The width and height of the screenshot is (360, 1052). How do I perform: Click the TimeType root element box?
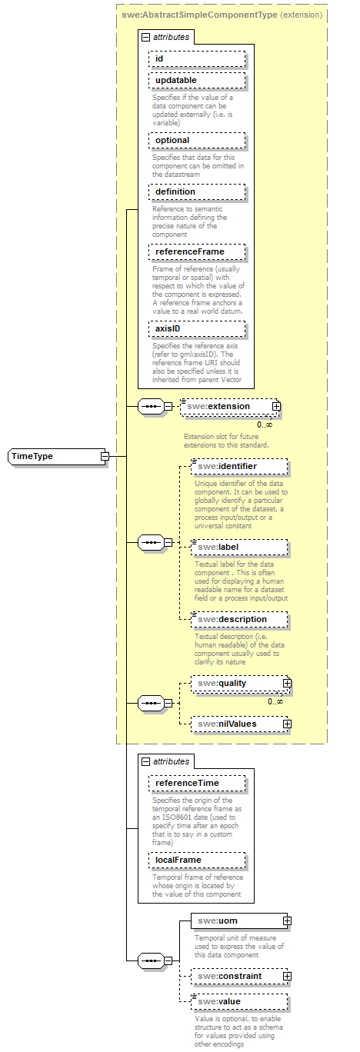[x=54, y=456]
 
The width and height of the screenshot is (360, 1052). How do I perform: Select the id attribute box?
[x=198, y=58]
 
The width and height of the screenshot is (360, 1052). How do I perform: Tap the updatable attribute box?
[x=198, y=80]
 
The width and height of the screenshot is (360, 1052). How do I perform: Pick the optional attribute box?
[x=198, y=140]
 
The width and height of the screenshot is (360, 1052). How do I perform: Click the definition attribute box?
[x=198, y=191]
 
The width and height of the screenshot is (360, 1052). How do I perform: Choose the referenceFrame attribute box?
[x=198, y=251]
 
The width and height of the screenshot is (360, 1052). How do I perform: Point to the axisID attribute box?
[x=198, y=328]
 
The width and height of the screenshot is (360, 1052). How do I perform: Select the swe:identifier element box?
[x=239, y=466]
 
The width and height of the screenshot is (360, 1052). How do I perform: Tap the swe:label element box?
[x=239, y=547]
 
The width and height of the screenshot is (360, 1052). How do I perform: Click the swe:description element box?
[x=239, y=619]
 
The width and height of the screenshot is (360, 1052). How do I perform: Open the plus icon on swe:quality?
[x=287, y=682]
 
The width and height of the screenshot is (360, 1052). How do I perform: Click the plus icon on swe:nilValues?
[x=287, y=724]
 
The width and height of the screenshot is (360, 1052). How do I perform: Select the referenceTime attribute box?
[x=198, y=783]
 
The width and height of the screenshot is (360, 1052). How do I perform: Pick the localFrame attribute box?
[x=198, y=860]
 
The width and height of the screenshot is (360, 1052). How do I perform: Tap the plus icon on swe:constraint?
[x=287, y=976]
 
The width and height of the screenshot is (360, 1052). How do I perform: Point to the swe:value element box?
[x=239, y=1001]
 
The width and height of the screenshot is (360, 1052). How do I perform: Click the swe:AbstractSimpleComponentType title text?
[x=199, y=15]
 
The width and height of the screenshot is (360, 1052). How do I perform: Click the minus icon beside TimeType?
[x=104, y=456]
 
